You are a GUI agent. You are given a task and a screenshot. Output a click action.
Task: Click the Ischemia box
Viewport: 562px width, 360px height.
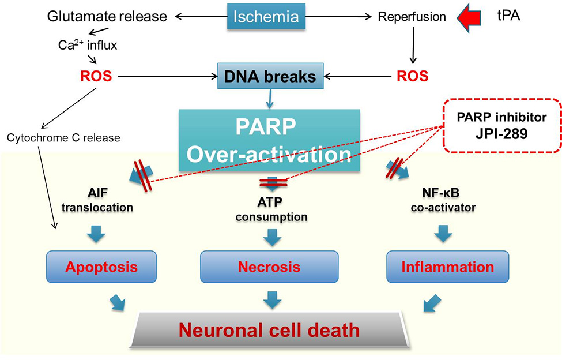(x=266, y=17)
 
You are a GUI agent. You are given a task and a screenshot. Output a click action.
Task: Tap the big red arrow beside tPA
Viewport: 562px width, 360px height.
(x=469, y=17)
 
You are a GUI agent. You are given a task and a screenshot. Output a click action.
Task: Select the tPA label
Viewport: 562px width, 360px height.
(x=508, y=16)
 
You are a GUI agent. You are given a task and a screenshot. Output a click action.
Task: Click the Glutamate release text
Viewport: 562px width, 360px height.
(x=107, y=17)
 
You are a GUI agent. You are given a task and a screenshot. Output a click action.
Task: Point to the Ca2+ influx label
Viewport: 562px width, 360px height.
(x=88, y=45)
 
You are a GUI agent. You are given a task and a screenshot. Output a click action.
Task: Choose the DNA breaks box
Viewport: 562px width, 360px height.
(x=270, y=76)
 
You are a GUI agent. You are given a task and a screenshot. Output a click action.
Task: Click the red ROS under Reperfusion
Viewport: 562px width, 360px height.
(x=413, y=76)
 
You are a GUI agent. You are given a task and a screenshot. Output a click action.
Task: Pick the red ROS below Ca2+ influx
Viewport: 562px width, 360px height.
(x=96, y=76)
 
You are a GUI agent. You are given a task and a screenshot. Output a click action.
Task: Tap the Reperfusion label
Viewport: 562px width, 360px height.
(x=412, y=17)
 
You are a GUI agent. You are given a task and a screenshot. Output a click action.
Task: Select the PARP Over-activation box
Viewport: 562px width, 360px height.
(x=269, y=140)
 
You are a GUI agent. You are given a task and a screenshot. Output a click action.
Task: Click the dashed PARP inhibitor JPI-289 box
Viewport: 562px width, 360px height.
(x=502, y=126)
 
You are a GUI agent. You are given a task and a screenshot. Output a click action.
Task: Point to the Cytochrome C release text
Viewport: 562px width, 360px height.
(x=64, y=138)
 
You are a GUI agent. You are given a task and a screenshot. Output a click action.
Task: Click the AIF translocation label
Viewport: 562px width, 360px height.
(x=97, y=200)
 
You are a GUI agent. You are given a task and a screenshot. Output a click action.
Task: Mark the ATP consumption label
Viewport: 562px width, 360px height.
(x=271, y=209)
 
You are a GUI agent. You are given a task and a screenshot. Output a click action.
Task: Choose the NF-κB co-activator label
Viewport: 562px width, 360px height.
(x=443, y=200)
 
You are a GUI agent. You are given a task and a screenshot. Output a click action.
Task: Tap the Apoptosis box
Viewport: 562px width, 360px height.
(x=101, y=267)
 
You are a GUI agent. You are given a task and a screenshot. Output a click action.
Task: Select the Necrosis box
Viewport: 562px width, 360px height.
(x=269, y=267)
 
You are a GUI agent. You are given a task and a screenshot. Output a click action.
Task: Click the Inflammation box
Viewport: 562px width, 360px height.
(x=448, y=267)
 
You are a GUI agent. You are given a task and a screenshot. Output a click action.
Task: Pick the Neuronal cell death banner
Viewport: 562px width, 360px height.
(x=269, y=330)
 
